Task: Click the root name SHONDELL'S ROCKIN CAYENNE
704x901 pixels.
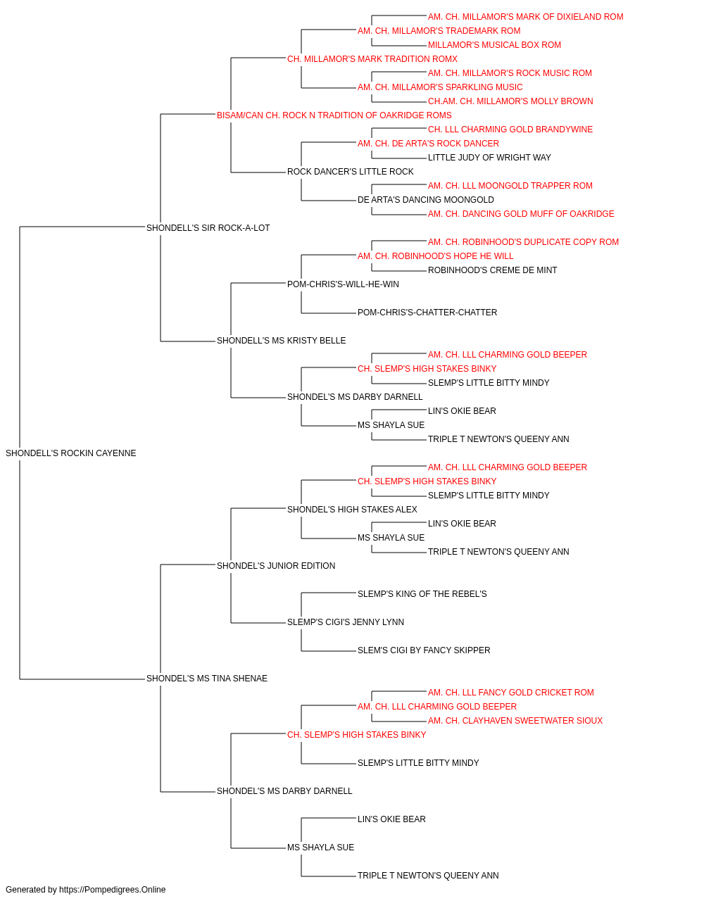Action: [71, 453]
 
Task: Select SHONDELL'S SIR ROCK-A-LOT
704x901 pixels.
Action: [208, 228]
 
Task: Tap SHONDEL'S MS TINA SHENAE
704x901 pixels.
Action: [207, 679]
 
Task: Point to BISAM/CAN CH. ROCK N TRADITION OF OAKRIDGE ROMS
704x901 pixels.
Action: [334, 115]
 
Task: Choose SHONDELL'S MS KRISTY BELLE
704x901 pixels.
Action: [281, 341]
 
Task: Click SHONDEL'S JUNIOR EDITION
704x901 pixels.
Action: [276, 565]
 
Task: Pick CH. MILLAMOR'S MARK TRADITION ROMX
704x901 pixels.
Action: [372, 59]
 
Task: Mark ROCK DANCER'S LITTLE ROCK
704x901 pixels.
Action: [351, 172]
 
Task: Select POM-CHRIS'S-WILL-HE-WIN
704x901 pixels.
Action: [344, 284]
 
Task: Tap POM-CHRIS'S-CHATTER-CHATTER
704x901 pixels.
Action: [427, 313]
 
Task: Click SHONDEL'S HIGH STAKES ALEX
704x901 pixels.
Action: [352, 510]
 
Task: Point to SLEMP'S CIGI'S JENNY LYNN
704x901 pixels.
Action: [346, 622]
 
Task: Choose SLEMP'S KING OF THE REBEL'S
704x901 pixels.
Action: [422, 594]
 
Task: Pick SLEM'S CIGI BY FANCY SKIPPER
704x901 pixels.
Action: [424, 650]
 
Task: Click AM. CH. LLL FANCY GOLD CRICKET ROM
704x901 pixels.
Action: [511, 693]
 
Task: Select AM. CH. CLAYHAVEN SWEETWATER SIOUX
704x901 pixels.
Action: [515, 721]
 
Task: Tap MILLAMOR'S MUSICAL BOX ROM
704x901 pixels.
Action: [495, 45]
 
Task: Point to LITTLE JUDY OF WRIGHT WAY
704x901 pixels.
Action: [490, 158]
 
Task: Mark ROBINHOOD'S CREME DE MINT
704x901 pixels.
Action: [493, 270]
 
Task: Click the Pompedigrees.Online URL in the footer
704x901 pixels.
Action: [113, 890]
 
